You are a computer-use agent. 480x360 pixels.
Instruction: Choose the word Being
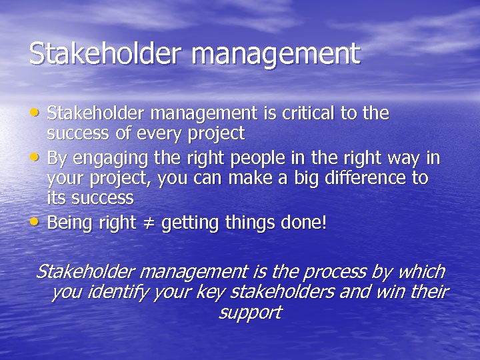(71, 223)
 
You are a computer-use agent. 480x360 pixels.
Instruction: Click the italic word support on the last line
(250, 313)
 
